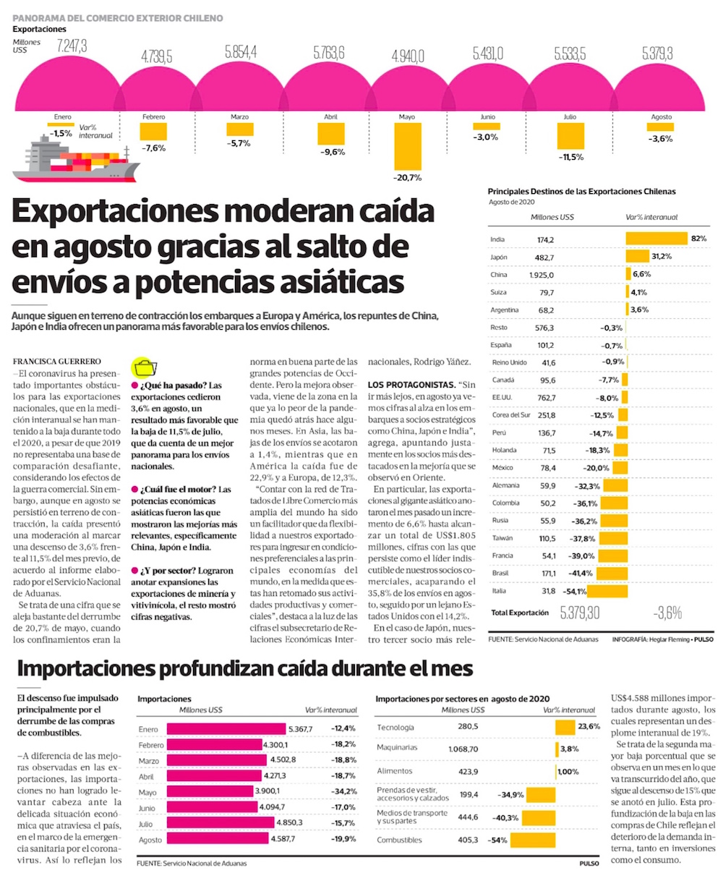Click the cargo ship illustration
[76, 158]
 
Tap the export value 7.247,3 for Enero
[72, 46]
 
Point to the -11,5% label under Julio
[571, 157]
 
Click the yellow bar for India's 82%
[656, 239]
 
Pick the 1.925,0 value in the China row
[542, 275]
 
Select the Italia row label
[498, 591]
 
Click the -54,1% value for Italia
[576, 591]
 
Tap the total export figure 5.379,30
[580, 613]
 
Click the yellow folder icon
[145, 367]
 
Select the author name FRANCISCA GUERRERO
[57, 361]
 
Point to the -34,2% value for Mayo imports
[343, 791]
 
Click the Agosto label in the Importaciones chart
[150, 840]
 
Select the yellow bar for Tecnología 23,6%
[565, 727]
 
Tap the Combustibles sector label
[399, 840]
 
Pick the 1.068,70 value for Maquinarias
[463, 749]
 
